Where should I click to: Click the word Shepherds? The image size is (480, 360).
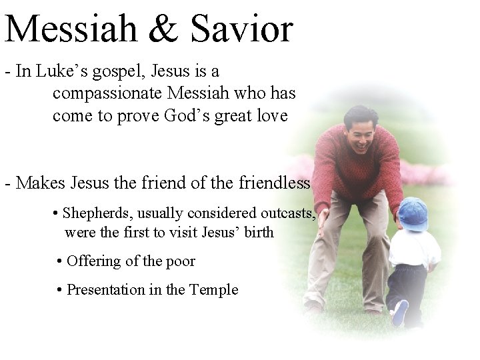coord(93,213)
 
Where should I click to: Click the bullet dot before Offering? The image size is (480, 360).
coord(60,261)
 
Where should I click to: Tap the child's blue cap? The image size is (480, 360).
coord(413,213)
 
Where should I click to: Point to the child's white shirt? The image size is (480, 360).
coord(414,249)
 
